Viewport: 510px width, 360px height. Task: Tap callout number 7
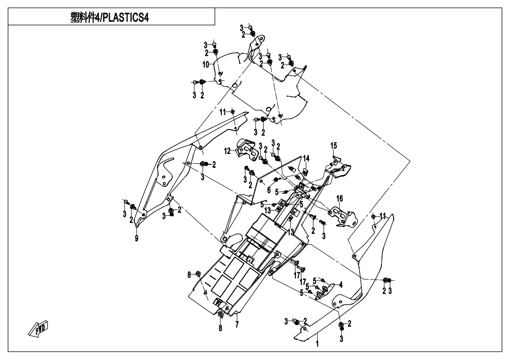[x=237, y=325]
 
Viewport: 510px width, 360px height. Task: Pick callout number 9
[x=137, y=239]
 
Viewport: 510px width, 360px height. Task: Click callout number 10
[x=207, y=64]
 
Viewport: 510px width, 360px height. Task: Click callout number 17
[x=296, y=275]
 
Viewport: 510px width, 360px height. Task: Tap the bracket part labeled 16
[x=344, y=214]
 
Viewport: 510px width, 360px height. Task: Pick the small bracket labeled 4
[x=327, y=289]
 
